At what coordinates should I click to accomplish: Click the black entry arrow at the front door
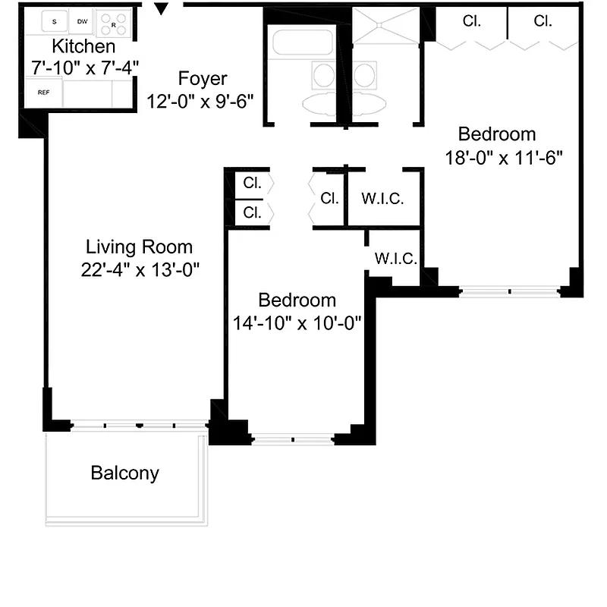point(161,9)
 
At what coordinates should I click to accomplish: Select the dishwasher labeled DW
point(82,22)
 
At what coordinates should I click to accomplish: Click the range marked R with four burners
point(114,23)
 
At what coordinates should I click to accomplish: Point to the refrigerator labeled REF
point(43,93)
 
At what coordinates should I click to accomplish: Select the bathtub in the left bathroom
point(303,42)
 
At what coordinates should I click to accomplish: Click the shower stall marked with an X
point(387,29)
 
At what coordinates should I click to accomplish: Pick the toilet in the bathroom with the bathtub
point(324,76)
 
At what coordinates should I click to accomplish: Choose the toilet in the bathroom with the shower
point(365,76)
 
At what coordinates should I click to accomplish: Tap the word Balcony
point(125,473)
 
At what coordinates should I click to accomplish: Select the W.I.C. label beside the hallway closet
point(382,200)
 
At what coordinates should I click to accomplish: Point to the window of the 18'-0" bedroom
point(509,291)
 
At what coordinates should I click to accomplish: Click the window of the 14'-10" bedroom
point(292,439)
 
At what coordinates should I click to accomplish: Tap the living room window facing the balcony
point(138,426)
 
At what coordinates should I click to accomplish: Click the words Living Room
point(139,247)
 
